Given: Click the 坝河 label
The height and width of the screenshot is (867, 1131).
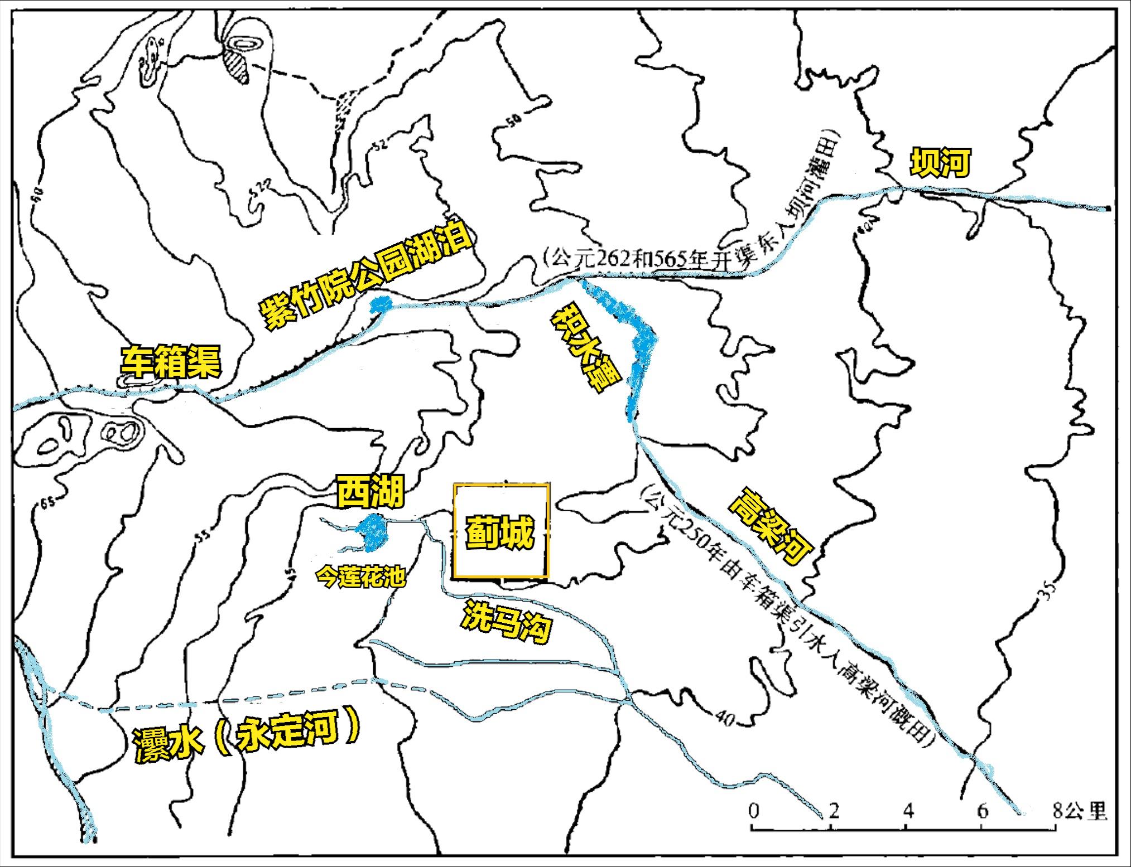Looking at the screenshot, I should (940, 162).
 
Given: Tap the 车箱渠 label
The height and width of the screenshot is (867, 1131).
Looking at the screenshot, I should (171, 362).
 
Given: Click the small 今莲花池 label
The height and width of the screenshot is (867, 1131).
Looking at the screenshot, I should (360, 577).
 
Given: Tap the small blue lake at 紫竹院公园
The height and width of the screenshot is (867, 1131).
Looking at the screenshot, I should (381, 304).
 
